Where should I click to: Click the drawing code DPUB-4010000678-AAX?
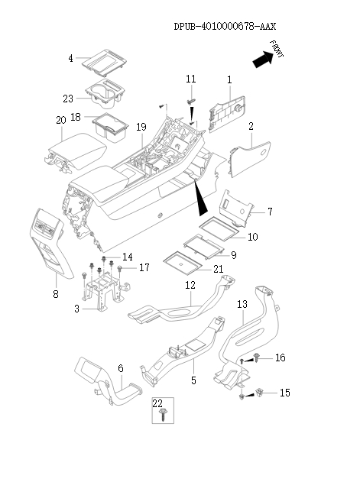[x=225, y=27]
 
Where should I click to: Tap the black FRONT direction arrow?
[x=263, y=59]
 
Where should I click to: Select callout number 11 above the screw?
[x=191, y=79]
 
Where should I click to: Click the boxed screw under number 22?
[x=163, y=414]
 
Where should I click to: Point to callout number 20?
[x=61, y=120]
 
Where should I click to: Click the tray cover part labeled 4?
[x=105, y=63]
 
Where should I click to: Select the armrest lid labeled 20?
[x=76, y=151]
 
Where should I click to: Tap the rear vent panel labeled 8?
[x=51, y=243]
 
